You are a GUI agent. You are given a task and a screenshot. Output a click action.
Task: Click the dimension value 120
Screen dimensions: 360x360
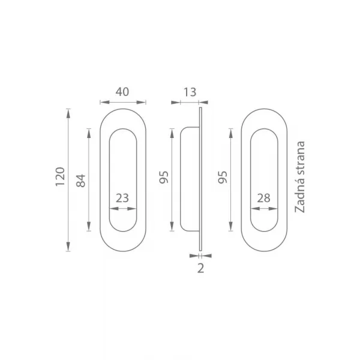tap(61, 177)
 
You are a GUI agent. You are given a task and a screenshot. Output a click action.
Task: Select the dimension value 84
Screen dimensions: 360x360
tap(81, 181)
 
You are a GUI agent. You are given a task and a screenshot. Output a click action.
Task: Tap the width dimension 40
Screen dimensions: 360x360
tap(122, 92)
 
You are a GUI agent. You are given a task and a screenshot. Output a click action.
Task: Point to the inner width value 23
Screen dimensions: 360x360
tap(122, 198)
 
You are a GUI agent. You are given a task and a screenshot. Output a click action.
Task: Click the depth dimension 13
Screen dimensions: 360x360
tap(190, 92)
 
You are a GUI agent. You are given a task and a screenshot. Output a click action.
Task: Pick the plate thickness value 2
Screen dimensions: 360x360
tap(200, 268)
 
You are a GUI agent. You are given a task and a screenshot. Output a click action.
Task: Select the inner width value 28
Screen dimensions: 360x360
tap(264, 198)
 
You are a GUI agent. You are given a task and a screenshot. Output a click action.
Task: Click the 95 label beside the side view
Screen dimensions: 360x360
tap(164, 177)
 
